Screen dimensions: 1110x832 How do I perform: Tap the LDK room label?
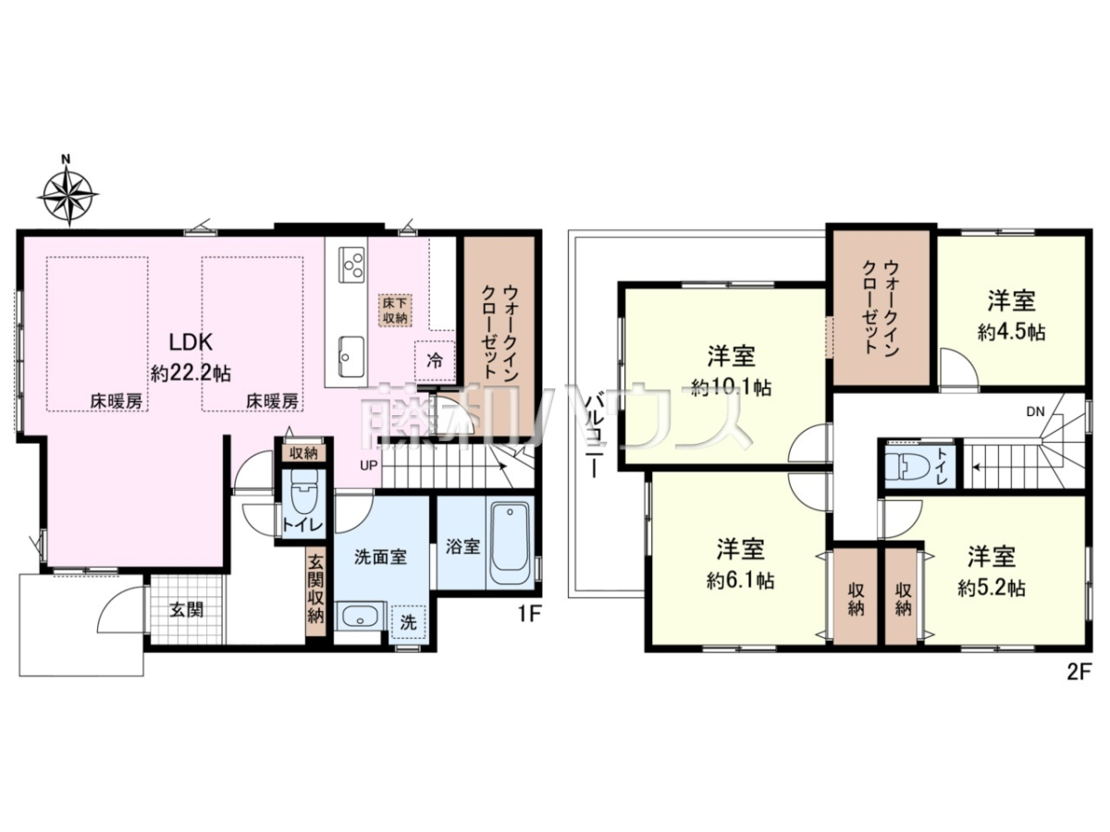(x=191, y=342)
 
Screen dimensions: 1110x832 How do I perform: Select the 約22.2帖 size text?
(x=191, y=374)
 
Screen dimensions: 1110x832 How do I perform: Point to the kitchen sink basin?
(x=351, y=357)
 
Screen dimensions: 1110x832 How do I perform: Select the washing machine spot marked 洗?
(x=409, y=623)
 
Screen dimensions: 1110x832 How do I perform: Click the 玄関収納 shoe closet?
(x=315, y=595)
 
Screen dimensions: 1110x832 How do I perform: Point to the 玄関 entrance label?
(x=187, y=610)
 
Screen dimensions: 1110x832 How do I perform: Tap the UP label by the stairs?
(x=369, y=465)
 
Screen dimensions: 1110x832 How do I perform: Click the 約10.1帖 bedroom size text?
(x=731, y=388)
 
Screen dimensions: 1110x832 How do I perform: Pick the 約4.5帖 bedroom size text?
(x=1011, y=333)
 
